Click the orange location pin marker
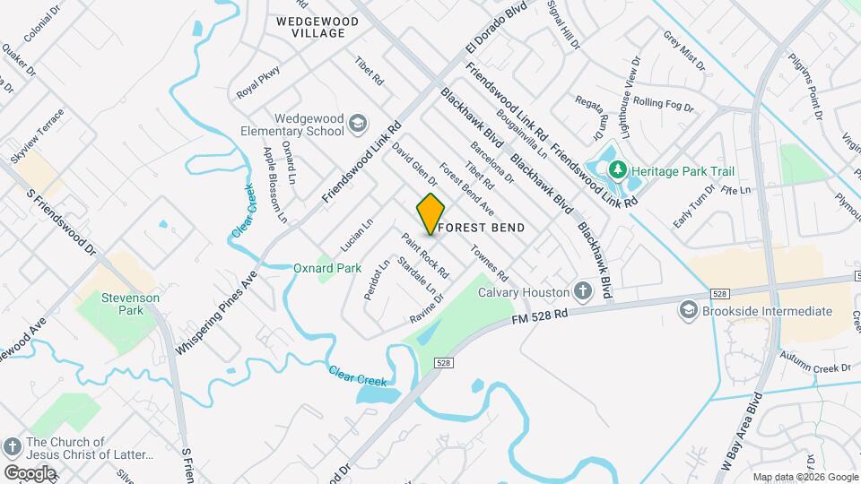(430, 213)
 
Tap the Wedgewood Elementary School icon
(357, 123)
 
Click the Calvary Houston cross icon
(582, 292)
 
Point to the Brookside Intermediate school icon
(689, 311)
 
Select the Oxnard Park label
(327, 268)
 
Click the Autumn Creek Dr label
(814, 367)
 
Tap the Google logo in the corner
(29, 472)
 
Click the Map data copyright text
(804, 477)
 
